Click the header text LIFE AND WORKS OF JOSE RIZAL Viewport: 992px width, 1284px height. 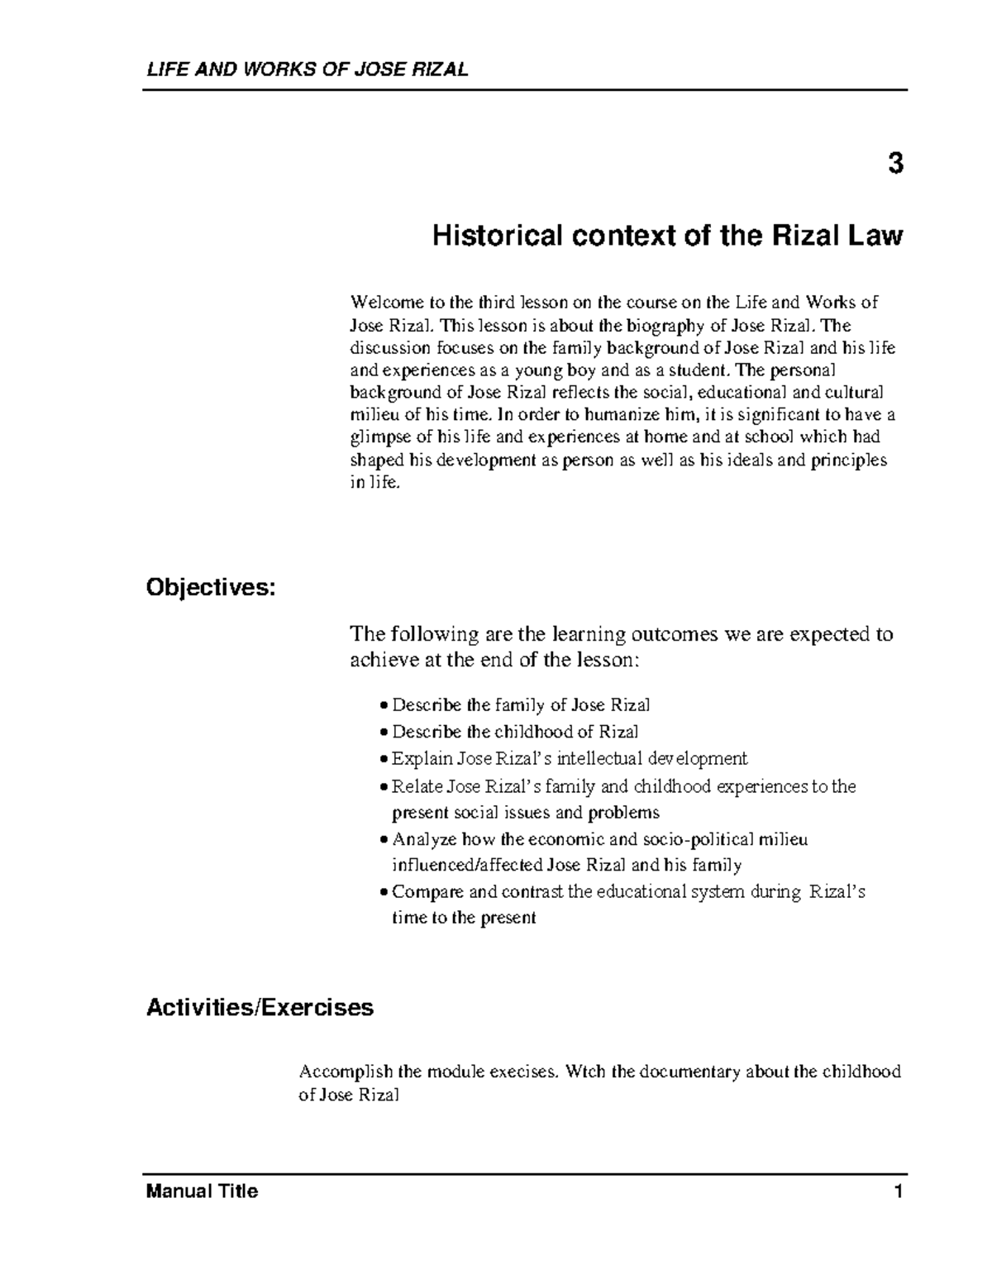pyautogui.click(x=307, y=69)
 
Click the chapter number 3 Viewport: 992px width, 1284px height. pyautogui.click(x=895, y=165)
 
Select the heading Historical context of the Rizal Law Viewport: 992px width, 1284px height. pyautogui.click(x=668, y=236)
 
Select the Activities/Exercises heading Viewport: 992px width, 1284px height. pyautogui.click(x=260, y=1008)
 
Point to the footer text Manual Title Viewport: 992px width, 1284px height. pyautogui.click(x=202, y=1191)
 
